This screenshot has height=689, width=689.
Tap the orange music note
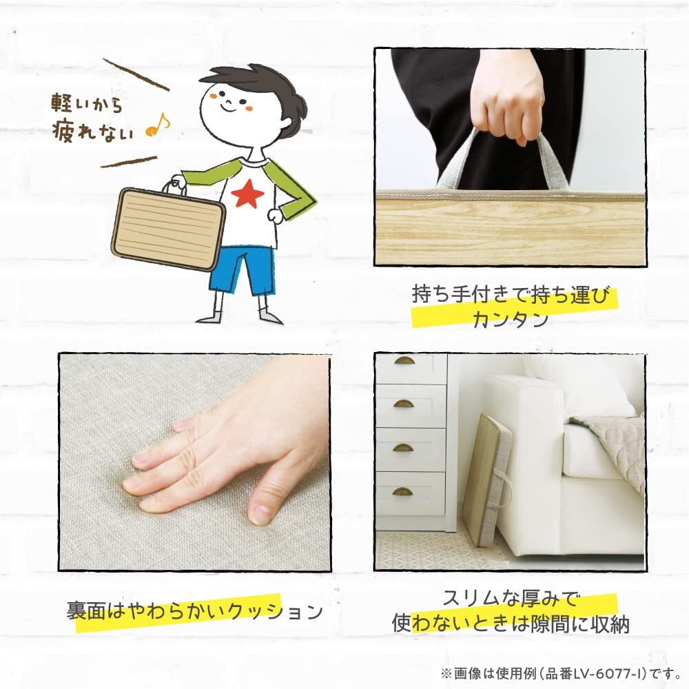coord(158,126)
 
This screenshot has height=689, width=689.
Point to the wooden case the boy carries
coord(168,227)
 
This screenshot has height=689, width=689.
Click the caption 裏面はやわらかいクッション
coord(194,610)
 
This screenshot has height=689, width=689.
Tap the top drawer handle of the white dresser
coord(404,360)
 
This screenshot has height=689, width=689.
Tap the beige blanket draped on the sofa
coord(613,442)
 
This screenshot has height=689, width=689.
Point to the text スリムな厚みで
coord(511,597)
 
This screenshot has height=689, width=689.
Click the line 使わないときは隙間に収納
coord(511,625)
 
